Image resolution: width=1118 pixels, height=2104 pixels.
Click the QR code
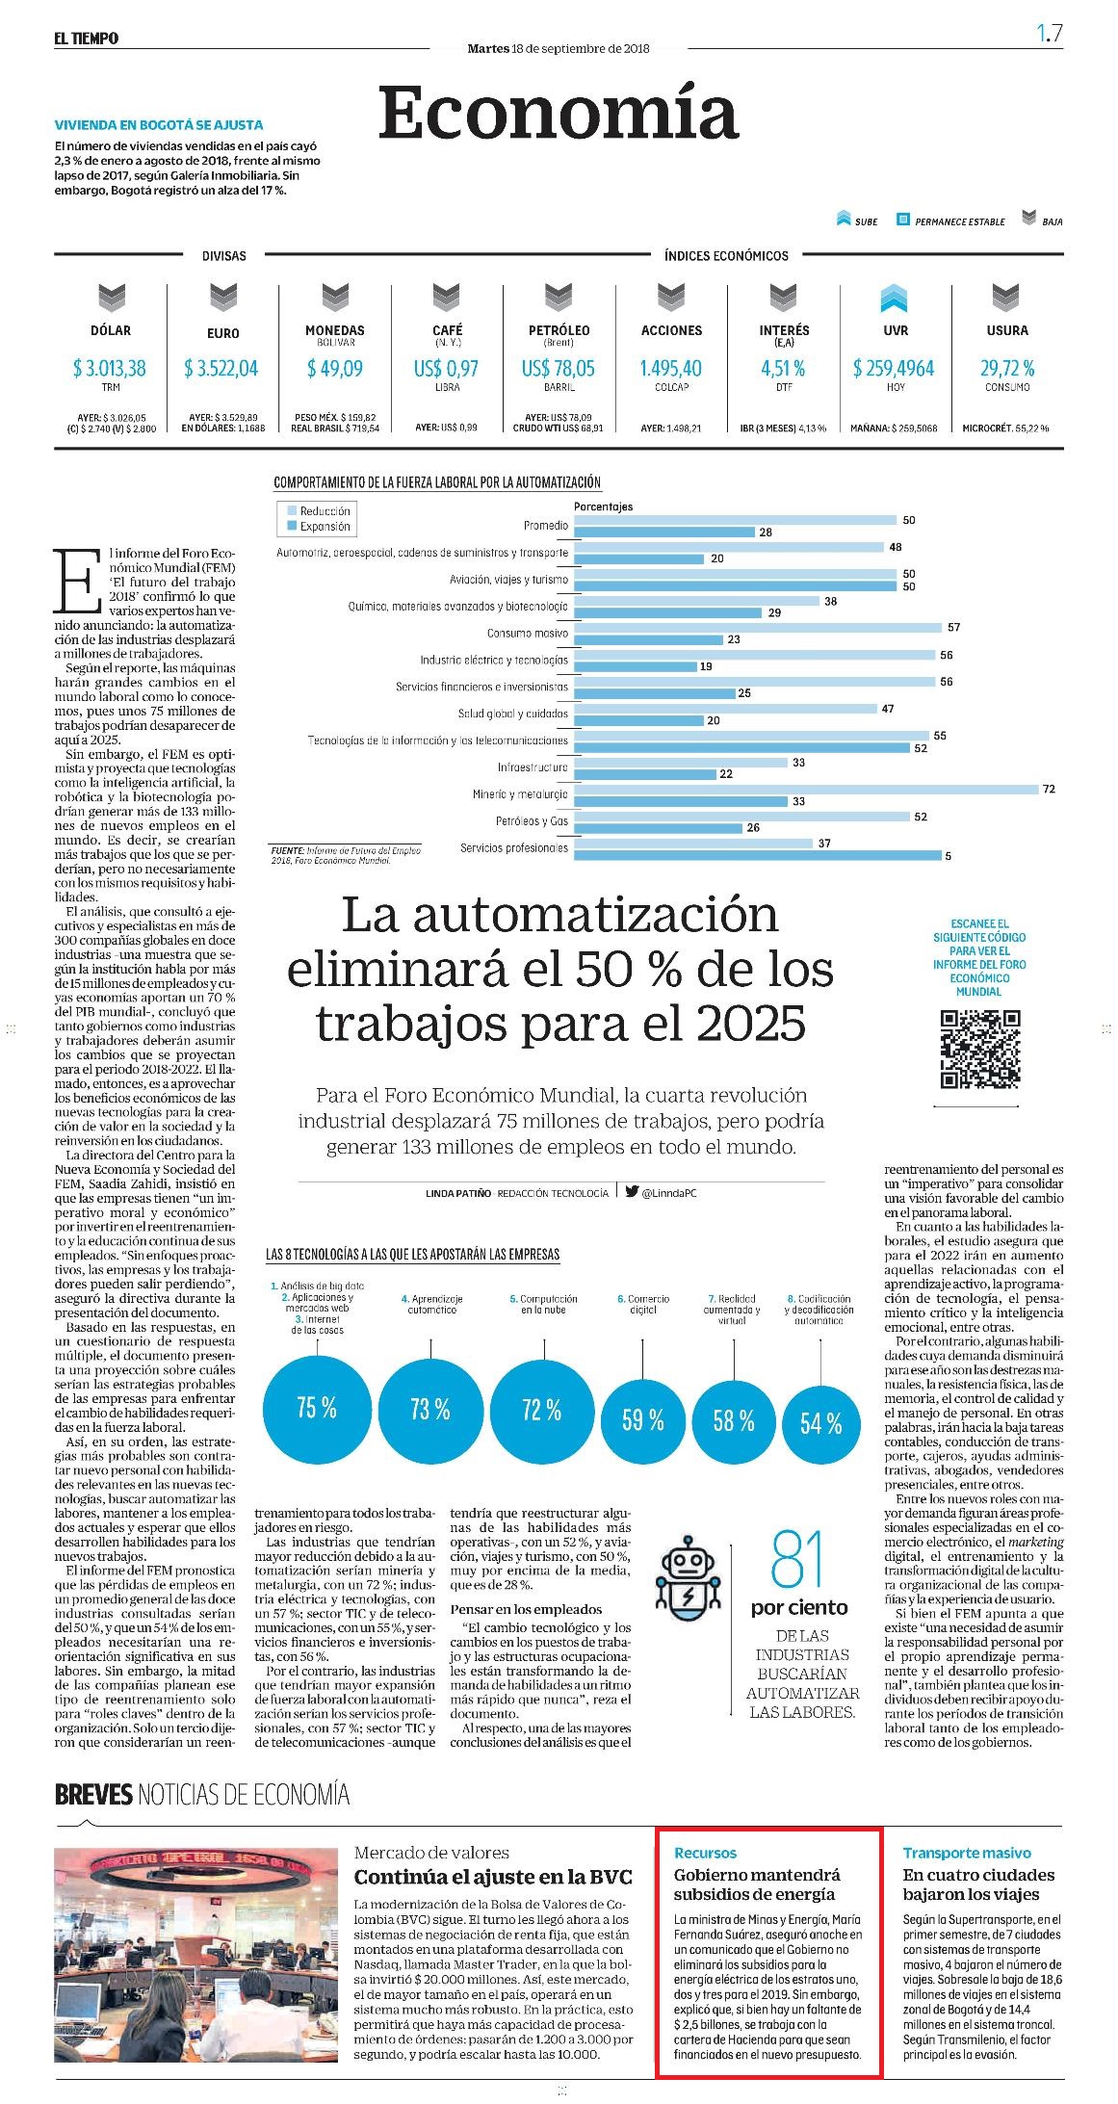980,1049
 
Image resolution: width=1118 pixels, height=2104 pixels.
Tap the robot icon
688,1573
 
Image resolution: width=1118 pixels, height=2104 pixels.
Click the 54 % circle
820,1423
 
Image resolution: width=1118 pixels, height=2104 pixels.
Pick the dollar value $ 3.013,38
110,368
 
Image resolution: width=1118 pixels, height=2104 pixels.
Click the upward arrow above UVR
895,299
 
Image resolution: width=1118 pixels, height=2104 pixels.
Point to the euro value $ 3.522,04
221,368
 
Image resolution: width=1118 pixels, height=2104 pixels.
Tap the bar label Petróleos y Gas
532,821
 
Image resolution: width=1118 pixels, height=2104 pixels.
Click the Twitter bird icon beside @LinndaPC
632,1191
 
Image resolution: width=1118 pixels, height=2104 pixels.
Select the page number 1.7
1050,34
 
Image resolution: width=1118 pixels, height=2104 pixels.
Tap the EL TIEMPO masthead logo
86,39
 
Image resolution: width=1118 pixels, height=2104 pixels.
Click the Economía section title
559,113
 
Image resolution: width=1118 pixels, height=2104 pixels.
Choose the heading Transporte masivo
967,1853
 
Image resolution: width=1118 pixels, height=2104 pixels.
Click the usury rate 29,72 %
1007,368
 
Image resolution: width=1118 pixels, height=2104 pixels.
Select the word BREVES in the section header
93,1794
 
